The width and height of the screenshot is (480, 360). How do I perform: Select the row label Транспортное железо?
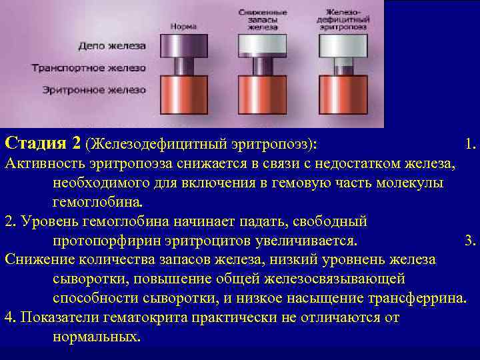89,68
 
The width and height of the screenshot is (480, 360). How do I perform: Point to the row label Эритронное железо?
94,89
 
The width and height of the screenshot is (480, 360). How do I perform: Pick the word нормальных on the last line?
95,337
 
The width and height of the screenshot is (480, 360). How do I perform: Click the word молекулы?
414,183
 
